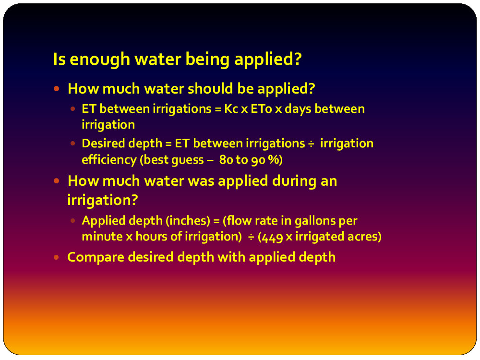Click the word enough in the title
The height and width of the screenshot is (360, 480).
coord(100,60)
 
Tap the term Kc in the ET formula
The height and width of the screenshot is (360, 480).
coord(231,109)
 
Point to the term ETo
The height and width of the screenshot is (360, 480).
coord(261,109)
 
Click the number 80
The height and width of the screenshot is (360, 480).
coord(226,160)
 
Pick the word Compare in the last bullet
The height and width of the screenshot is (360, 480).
coord(96,257)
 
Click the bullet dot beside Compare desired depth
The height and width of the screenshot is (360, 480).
coord(56,257)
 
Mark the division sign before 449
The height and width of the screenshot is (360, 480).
coord(251,237)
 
